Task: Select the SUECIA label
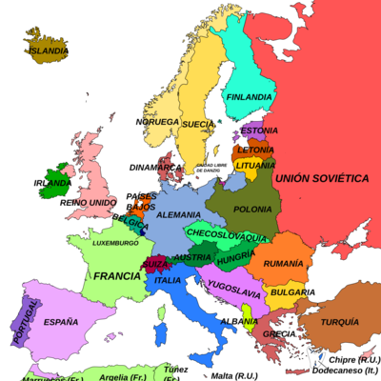pyautogui.click(x=197, y=124)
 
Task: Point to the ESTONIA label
pyautogui.click(x=258, y=130)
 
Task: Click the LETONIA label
pyautogui.click(x=255, y=150)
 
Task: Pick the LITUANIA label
pyautogui.click(x=254, y=166)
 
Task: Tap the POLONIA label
pyautogui.click(x=252, y=208)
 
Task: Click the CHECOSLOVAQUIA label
pyautogui.click(x=227, y=235)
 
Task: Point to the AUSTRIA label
pyautogui.click(x=193, y=257)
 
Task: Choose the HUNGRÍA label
pyautogui.click(x=234, y=257)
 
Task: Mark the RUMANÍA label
pyautogui.click(x=284, y=263)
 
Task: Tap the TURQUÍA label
pyautogui.click(x=339, y=322)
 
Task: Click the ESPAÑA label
pyautogui.click(x=60, y=321)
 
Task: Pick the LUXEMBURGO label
pyautogui.click(x=115, y=243)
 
